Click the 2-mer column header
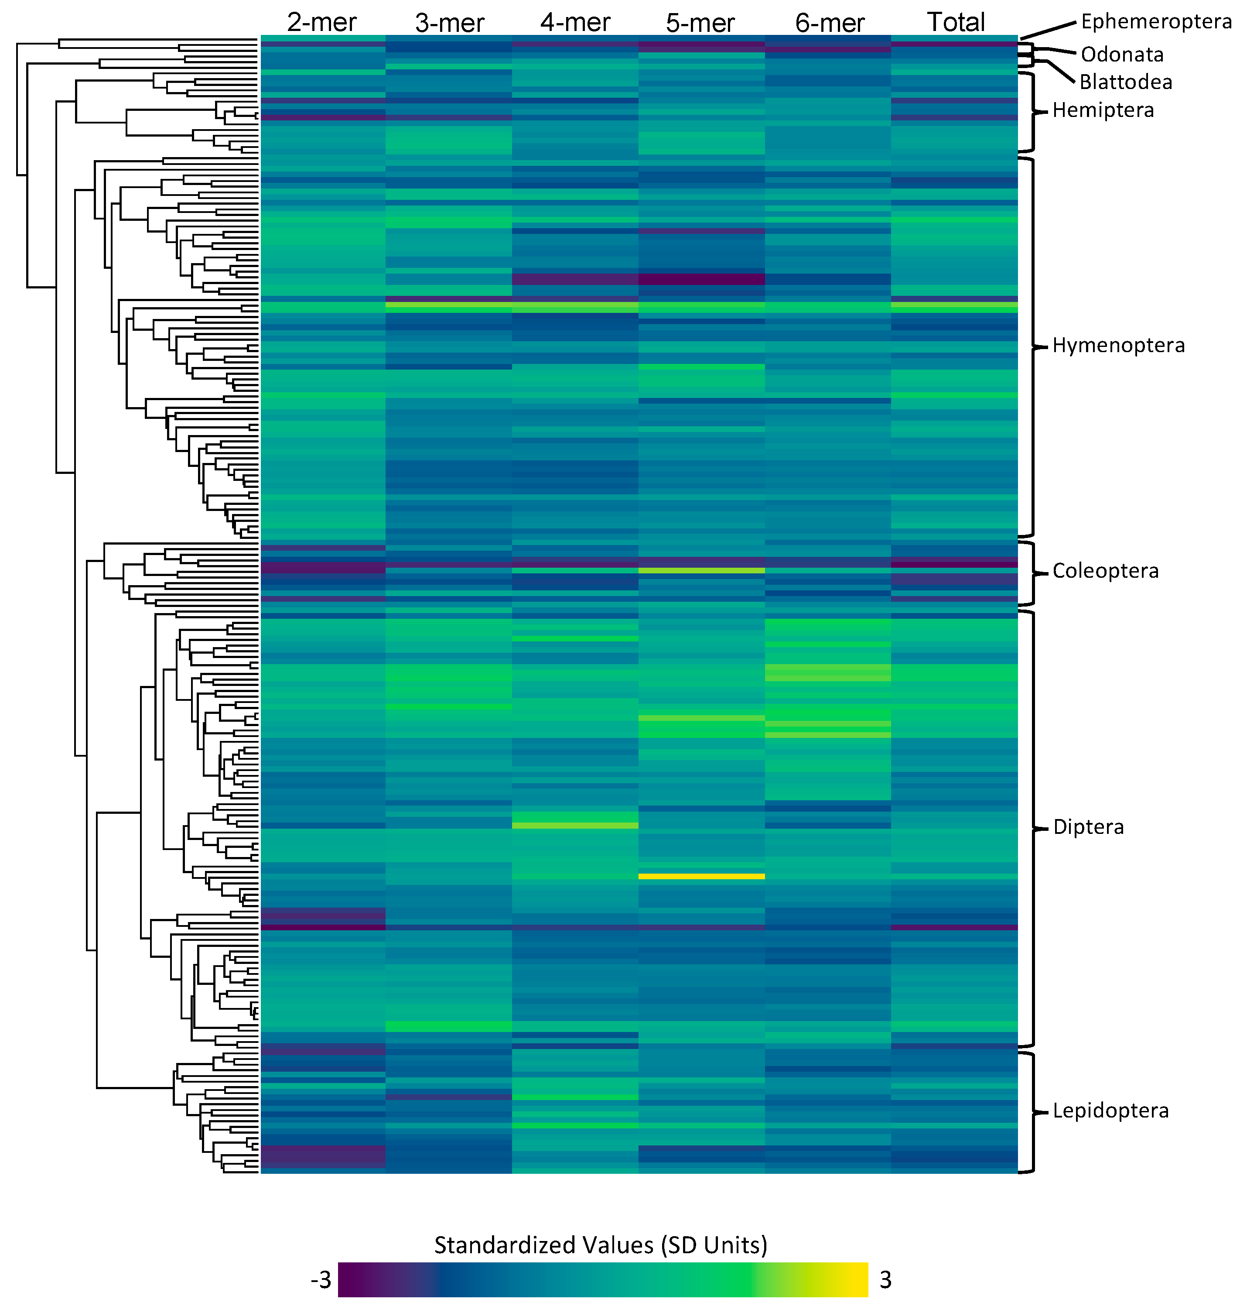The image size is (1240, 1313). point(322,23)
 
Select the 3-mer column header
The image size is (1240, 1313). point(450,23)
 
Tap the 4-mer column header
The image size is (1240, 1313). point(575,23)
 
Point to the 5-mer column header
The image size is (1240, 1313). point(700,23)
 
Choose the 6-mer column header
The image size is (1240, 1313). point(830,23)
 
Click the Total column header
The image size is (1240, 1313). point(956,22)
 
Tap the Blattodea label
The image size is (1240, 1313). point(1126,82)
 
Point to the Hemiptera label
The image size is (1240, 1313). point(1103,110)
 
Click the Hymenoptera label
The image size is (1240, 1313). point(1118,345)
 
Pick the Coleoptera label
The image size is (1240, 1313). point(1105,571)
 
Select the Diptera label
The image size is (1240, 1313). point(1088,827)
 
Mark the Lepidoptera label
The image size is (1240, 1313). point(1110,1111)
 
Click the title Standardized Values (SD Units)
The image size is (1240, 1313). point(600,1245)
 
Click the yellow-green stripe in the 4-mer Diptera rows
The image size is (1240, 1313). point(575,825)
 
